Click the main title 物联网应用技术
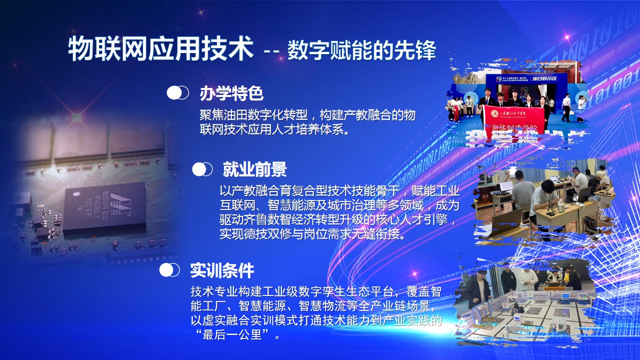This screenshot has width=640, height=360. (x=161, y=48)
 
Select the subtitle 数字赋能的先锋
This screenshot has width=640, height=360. (x=361, y=50)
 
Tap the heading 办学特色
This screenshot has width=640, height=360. (x=231, y=93)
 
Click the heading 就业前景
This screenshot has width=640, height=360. (x=254, y=169)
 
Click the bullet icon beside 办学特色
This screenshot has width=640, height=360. (x=177, y=93)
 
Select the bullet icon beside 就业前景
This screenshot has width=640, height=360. (x=202, y=169)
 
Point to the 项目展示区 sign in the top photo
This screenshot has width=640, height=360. (x=544, y=78)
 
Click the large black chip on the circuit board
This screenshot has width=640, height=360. (x=104, y=205)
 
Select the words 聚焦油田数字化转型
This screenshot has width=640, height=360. (x=253, y=115)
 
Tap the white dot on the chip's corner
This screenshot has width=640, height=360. (x=76, y=194)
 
